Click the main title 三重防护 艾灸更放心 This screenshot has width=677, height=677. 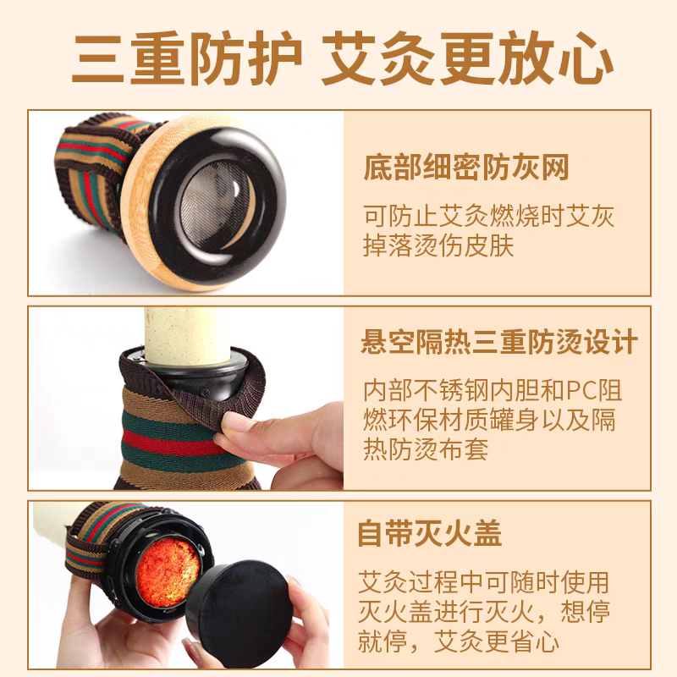[343, 58]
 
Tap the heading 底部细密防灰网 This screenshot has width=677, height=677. [466, 167]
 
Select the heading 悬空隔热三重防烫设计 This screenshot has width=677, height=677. [499, 342]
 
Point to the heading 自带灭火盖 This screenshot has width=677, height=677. [430, 533]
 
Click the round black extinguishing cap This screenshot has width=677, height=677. [239, 604]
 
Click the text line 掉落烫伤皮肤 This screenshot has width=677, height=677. [438, 245]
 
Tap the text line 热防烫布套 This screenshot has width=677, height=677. [426, 449]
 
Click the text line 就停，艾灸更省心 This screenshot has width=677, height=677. [459, 641]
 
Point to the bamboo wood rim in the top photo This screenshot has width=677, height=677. [138, 195]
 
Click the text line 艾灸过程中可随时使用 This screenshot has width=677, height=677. [483, 581]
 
